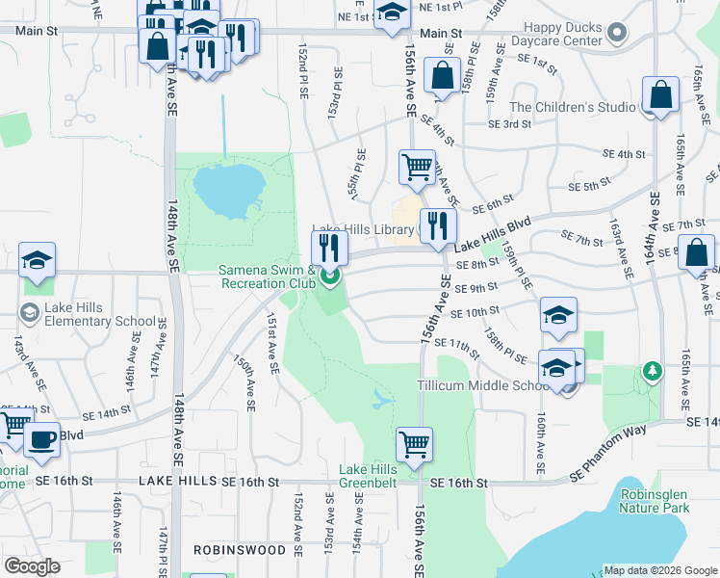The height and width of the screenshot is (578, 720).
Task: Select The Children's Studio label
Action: (x=573, y=107)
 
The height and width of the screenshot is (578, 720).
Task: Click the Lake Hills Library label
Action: (x=374, y=230)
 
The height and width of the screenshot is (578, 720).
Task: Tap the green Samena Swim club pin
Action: (x=330, y=279)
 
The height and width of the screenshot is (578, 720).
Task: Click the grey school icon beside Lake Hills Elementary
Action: (x=27, y=313)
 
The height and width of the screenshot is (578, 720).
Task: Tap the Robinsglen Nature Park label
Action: (x=654, y=500)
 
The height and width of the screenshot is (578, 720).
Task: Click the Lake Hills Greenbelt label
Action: (x=368, y=477)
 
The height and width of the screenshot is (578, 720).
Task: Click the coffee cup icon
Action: (x=40, y=439)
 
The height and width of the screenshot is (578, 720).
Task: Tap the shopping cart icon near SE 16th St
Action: (x=414, y=444)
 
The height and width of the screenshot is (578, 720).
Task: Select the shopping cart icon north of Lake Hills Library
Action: (x=417, y=166)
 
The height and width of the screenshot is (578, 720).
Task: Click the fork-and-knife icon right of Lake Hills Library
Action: (x=437, y=225)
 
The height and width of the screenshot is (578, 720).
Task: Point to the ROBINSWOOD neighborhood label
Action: (x=240, y=550)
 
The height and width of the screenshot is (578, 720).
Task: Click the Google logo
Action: (x=32, y=566)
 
